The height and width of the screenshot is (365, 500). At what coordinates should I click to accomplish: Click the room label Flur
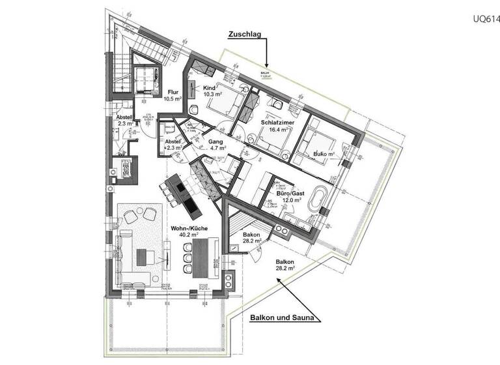pos(173,92)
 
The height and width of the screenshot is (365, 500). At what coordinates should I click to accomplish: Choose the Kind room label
pos(209,87)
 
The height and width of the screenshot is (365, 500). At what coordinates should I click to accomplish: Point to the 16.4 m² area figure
pos(277,130)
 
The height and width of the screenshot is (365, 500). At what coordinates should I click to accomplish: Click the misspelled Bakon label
pos(251,234)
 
